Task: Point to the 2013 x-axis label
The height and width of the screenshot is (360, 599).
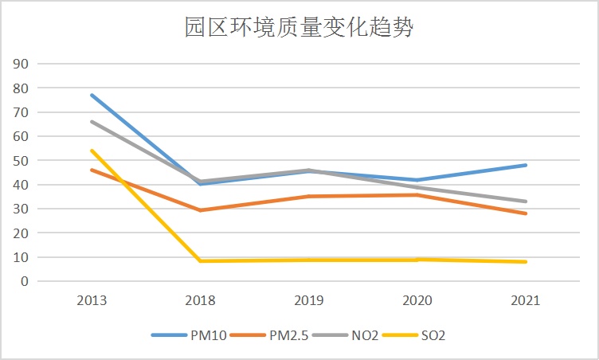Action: point(92,301)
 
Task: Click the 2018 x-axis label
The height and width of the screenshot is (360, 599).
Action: point(200,301)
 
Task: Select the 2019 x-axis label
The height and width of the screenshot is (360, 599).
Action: point(308,301)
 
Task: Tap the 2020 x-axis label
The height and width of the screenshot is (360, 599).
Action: point(417,301)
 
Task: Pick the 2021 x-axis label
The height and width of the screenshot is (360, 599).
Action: point(526,301)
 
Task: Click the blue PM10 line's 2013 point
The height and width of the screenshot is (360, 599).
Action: point(92,95)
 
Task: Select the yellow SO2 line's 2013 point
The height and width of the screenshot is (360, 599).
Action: point(92,151)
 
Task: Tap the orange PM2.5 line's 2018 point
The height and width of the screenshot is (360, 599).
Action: point(200,210)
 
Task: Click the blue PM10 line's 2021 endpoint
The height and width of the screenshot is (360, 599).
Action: point(526,165)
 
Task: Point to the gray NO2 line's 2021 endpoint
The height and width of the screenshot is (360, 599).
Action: point(526,202)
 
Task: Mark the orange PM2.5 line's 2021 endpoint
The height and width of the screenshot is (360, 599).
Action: point(526,213)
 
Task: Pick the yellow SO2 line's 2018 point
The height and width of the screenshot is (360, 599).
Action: point(200,261)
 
